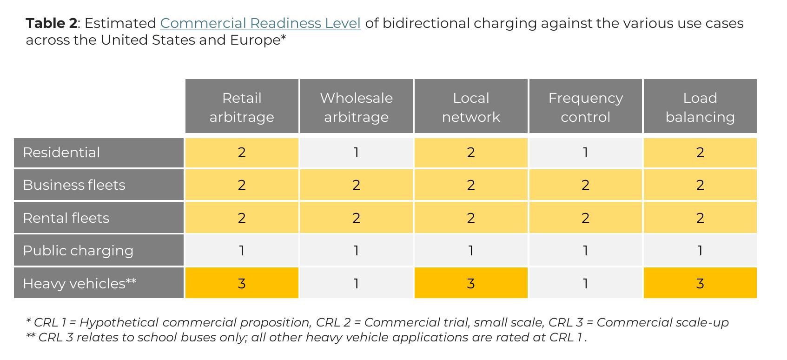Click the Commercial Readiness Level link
(x=260, y=23)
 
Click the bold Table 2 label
(x=51, y=23)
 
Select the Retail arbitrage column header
(x=242, y=106)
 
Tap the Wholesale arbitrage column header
(x=356, y=106)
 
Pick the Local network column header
(x=471, y=106)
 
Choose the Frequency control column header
(x=585, y=106)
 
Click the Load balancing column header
(x=700, y=106)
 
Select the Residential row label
(x=99, y=153)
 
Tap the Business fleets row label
(x=99, y=185)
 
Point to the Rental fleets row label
(x=99, y=218)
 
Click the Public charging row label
(x=99, y=250)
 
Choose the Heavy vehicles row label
(x=99, y=283)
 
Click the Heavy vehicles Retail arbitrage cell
(x=242, y=283)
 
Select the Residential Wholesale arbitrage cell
(x=356, y=153)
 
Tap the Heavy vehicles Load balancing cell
(x=700, y=283)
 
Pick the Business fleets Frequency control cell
(x=585, y=185)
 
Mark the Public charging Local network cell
(x=471, y=250)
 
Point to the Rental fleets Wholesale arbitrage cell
(x=356, y=218)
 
